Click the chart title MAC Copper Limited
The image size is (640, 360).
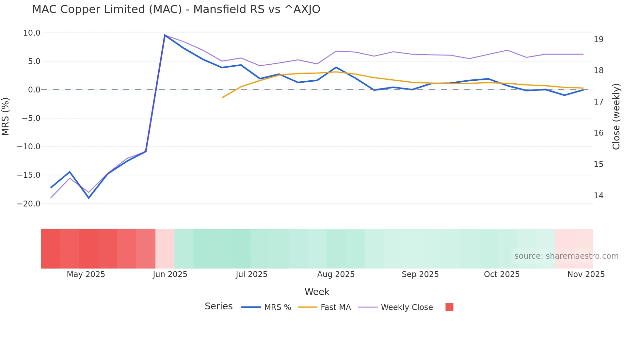pos(176,9)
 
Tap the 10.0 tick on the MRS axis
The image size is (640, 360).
pos(32,33)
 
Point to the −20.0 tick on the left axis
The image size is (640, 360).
pos(29,204)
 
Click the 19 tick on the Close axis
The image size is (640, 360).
pos(599,40)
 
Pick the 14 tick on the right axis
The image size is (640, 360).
pos(599,196)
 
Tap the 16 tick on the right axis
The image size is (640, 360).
pos(599,133)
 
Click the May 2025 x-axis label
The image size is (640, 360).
pos(86,274)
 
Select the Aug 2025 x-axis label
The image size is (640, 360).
pos(336,274)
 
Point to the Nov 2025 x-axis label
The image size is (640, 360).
pos(586,274)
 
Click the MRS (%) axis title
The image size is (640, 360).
pos(6,117)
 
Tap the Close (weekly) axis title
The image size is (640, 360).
pos(616,117)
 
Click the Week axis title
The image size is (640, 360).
pos(317,292)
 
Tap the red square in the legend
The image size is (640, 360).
pos(449,307)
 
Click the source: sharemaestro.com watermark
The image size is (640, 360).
pos(566,256)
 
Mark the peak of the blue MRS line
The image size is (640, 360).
pos(165,35)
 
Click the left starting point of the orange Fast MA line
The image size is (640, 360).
pos(222,98)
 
